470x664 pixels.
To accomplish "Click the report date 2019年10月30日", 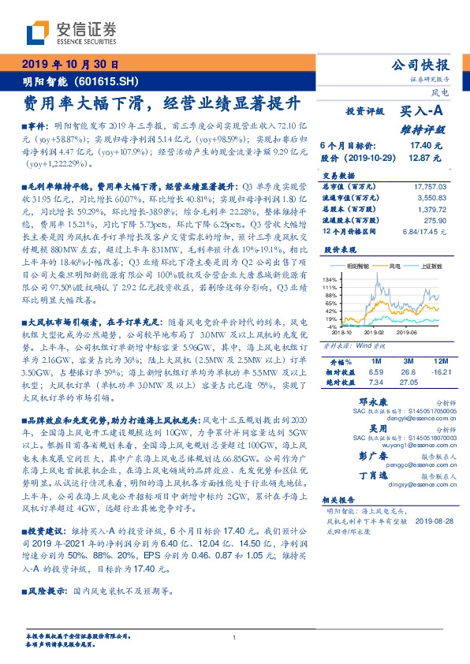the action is (x=68, y=65).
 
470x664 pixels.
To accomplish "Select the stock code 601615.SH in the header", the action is (x=110, y=80).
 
